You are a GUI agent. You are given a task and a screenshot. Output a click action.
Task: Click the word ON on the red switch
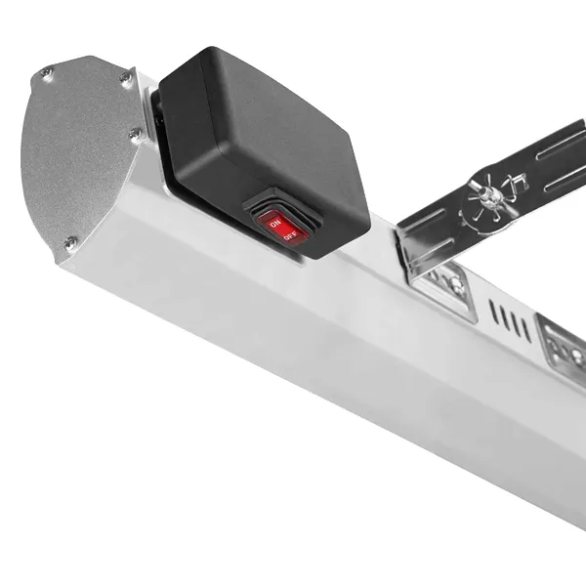click(275, 224)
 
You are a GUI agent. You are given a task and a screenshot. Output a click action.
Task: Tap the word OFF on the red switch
click(290, 235)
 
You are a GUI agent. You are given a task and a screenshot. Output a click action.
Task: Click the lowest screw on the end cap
click(70, 242)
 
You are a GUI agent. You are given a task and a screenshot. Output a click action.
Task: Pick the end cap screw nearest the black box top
click(126, 79)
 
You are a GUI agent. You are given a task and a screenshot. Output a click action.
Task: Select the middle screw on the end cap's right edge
click(136, 134)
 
